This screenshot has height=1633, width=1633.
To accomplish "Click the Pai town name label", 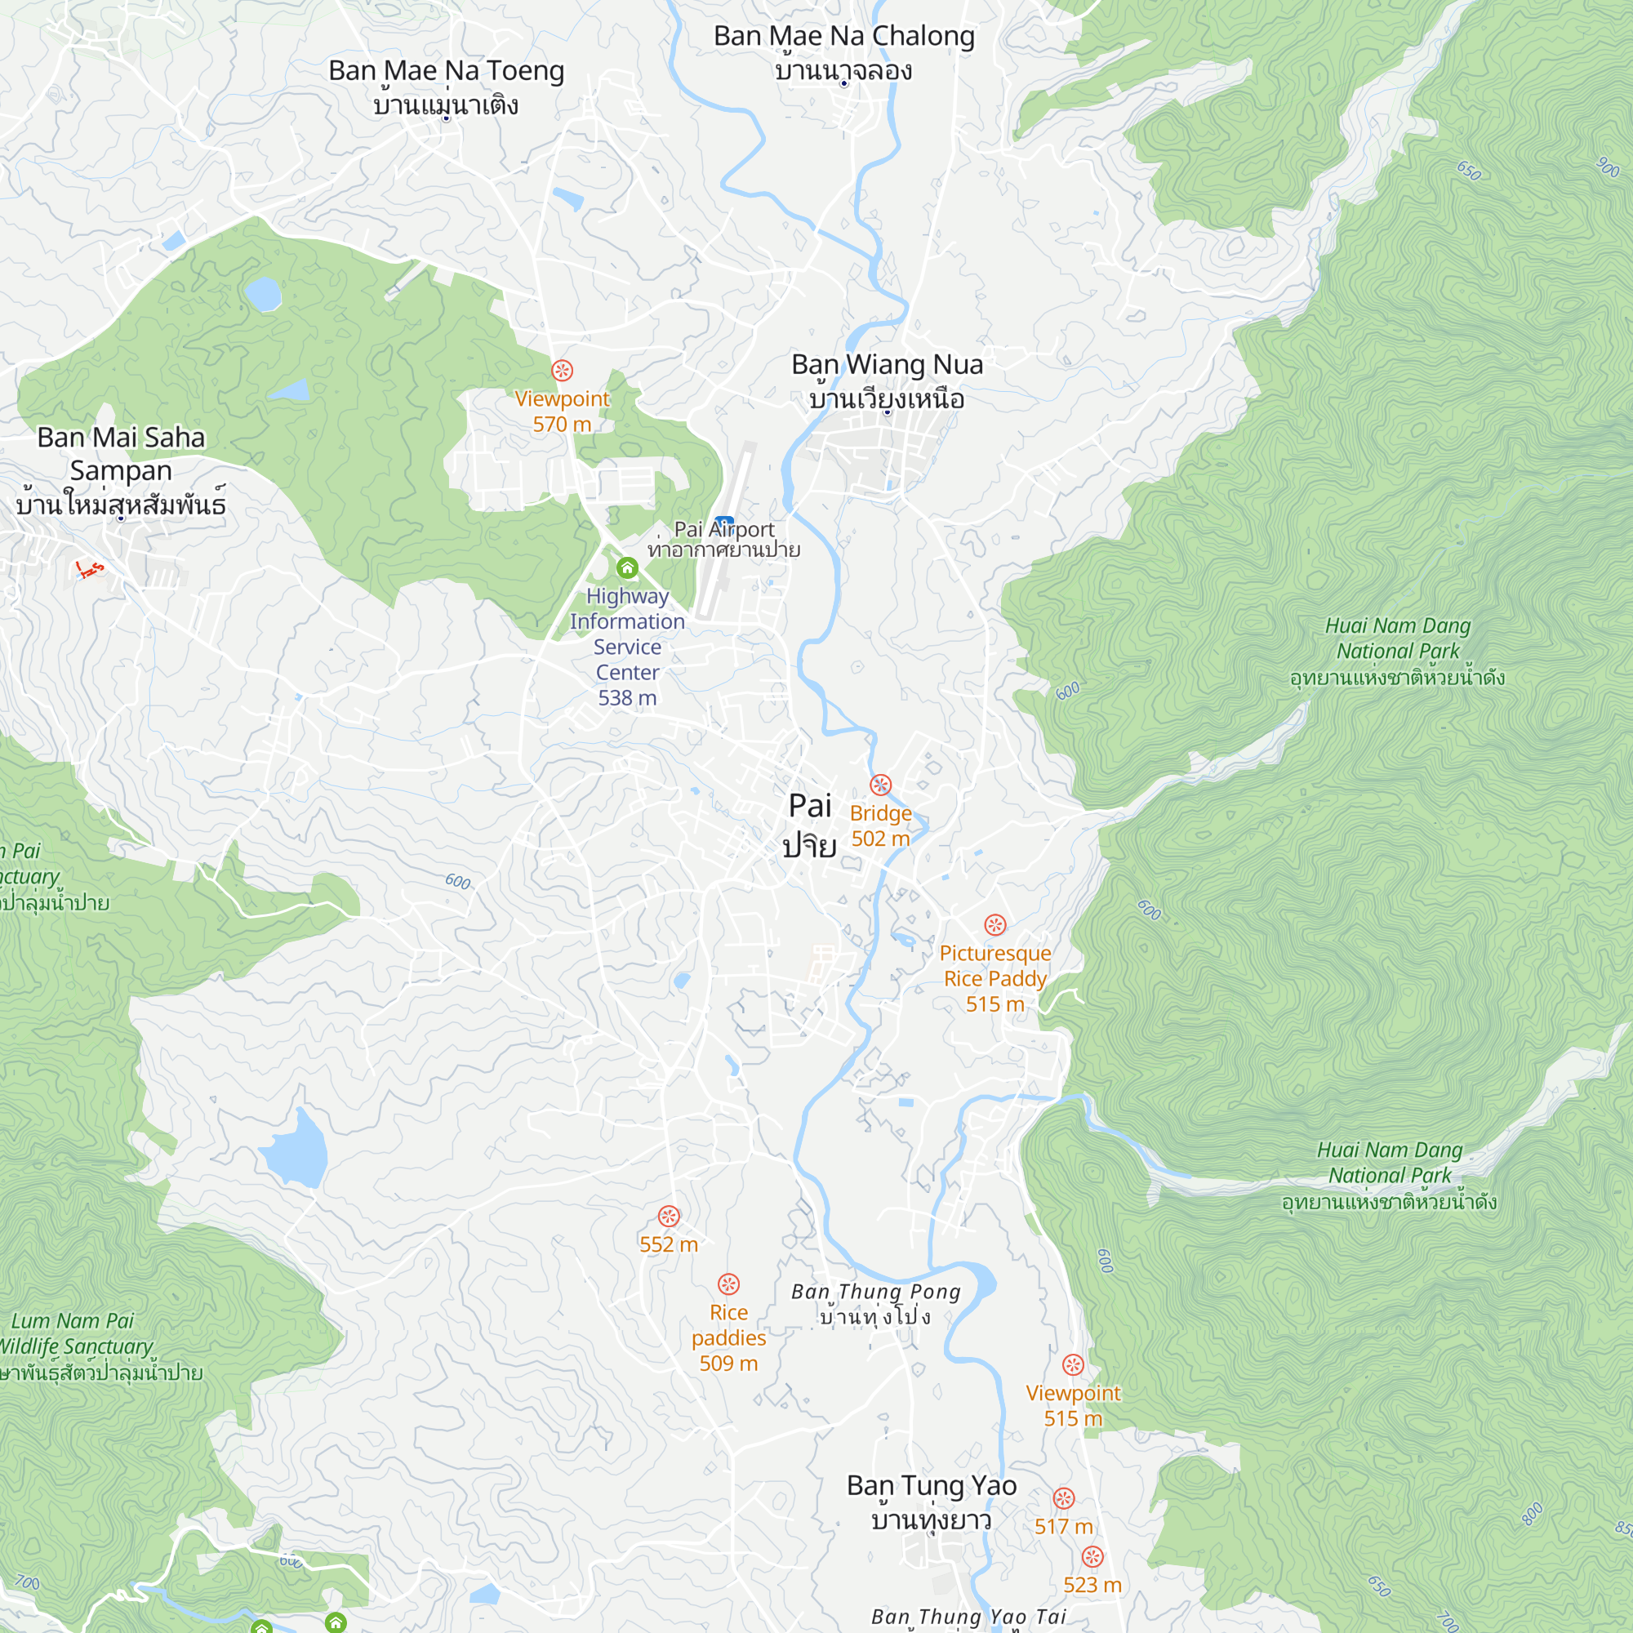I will click(810, 824).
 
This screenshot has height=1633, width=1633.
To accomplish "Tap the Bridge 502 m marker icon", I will click(881, 785).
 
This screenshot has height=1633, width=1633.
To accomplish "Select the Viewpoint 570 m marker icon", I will click(562, 370).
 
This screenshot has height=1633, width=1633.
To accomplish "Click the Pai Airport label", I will click(723, 538).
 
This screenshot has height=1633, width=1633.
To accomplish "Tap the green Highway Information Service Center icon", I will click(627, 567).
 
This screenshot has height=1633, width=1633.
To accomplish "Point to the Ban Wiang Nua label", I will click(887, 380).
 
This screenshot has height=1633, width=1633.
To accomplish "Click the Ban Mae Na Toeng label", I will click(447, 87).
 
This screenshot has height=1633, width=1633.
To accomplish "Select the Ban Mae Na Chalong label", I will click(843, 51).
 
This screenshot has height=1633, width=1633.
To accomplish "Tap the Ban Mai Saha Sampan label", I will click(121, 470).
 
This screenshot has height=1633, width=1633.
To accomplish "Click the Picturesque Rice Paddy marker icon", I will click(994, 925).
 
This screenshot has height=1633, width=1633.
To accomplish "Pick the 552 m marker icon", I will click(669, 1217).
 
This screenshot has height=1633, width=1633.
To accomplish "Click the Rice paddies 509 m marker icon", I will click(728, 1284).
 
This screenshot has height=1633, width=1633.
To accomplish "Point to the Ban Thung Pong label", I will click(875, 1303).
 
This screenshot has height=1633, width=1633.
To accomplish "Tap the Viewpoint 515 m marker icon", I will click(1073, 1365).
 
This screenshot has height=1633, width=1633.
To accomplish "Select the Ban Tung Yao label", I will click(932, 1502).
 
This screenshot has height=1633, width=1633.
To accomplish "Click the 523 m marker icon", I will click(1092, 1557).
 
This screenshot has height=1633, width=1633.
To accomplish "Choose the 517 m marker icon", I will click(1063, 1498).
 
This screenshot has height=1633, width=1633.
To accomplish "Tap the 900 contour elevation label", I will click(1608, 167).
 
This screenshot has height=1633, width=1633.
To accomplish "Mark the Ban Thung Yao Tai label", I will click(968, 1617).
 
